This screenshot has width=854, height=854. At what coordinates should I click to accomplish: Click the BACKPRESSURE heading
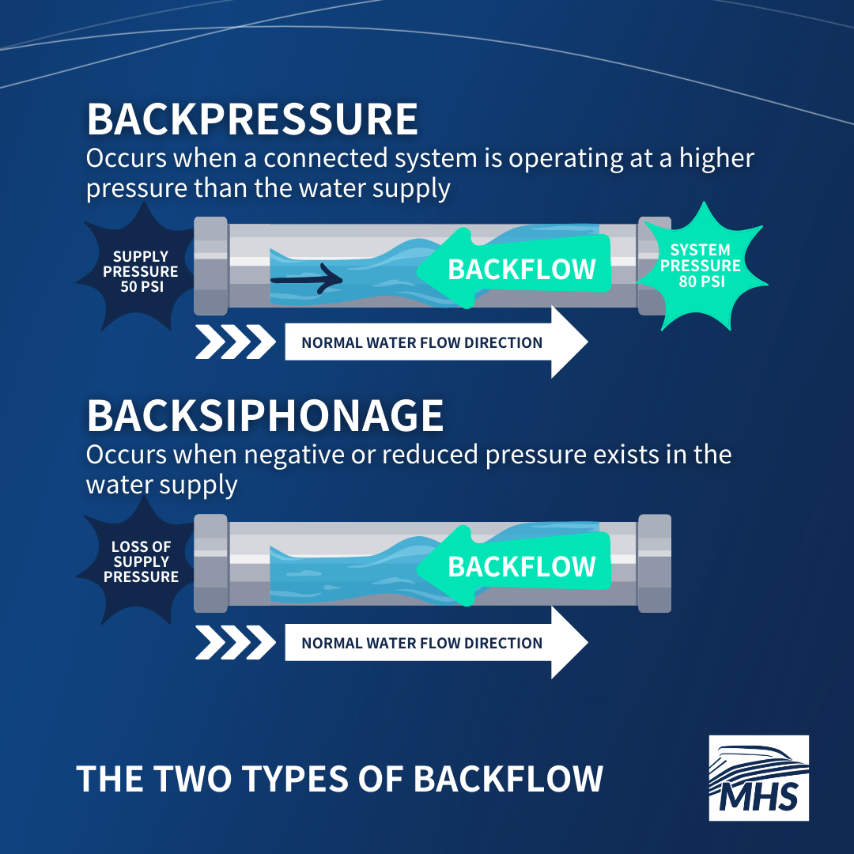[252, 119]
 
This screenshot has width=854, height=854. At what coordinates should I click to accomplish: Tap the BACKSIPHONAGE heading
[265, 416]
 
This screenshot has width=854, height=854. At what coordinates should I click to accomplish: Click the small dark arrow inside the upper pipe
[307, 279]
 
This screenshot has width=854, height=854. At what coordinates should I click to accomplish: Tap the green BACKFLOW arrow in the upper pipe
[514, 269]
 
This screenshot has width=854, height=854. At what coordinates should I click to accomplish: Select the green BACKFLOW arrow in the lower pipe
[514, 566]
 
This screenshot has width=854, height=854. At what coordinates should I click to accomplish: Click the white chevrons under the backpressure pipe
[236, 342]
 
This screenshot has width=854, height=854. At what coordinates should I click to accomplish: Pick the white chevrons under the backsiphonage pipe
[236, 642]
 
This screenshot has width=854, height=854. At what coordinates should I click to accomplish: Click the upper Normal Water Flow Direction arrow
[436, 342]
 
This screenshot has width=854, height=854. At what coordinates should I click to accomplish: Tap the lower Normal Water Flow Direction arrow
[436, 642]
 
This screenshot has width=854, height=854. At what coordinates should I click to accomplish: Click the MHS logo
[758, 778]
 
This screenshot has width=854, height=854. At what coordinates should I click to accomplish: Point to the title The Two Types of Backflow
[340, 778]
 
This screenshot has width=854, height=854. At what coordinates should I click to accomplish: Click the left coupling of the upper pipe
[211, 266]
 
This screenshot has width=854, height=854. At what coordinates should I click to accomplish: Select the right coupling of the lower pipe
[654, 563]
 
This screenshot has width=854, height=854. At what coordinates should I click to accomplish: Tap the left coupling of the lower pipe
[211, 563]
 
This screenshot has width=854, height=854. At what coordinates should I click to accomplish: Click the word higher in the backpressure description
[716, 159]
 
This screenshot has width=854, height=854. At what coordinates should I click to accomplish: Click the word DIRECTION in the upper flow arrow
[503, 342]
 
